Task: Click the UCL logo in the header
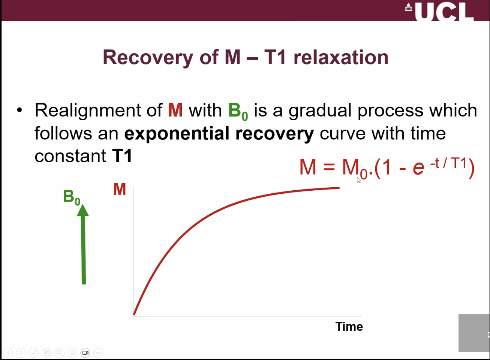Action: (x=439, y=11)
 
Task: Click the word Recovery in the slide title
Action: (x=148, y=57)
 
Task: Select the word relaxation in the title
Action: (x=341, y=57)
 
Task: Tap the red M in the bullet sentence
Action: (x=175, y=111)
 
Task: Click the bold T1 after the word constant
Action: (x=122, y=156)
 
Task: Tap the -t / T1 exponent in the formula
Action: (x=448, y=163)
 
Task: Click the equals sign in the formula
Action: (x=329, y=167)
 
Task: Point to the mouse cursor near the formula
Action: (x=358, y=180)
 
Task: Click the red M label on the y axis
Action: (x=120, y=190)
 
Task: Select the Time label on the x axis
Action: (x=349, y=327)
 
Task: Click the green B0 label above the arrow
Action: (x=72, y=197)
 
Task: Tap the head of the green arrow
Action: (x=83, y=211)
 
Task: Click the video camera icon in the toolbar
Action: (x=85, y=353)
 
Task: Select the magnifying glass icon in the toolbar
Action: (x=59, y=353)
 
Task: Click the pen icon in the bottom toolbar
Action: (x=34, y=353)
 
